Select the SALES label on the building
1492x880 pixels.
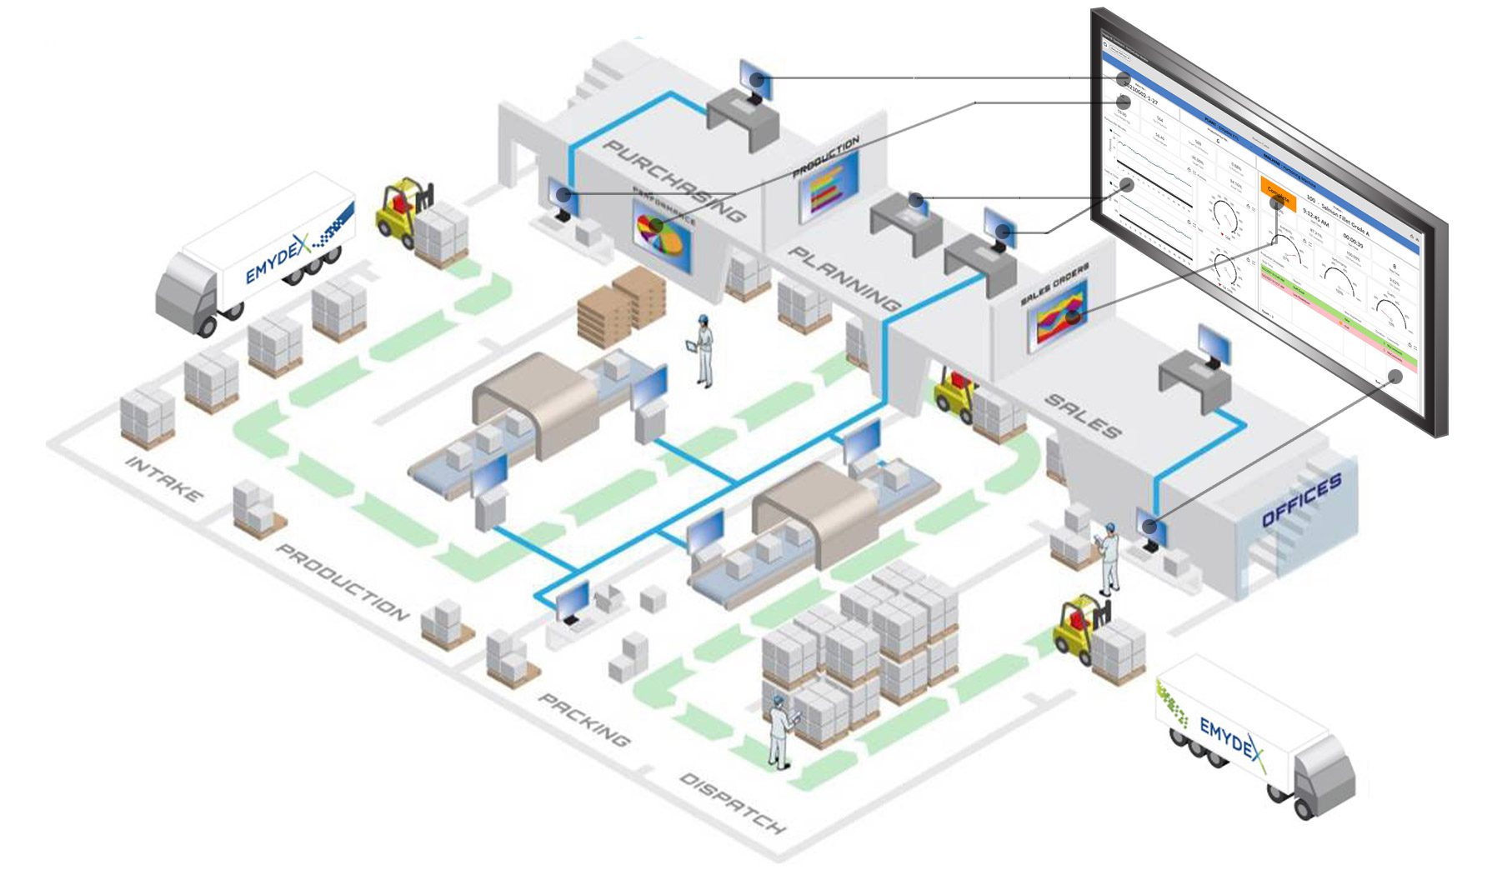tap(1082, 416)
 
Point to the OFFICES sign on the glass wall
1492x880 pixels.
tap(1301, 500)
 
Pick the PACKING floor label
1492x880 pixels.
tap(584, 719)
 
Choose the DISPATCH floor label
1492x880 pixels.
tap(733, 803)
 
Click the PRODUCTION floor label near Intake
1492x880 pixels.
tap(343, 582)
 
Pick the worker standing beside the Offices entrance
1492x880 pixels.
tap(1110, 558)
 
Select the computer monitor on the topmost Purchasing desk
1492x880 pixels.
tap(756, 80)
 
